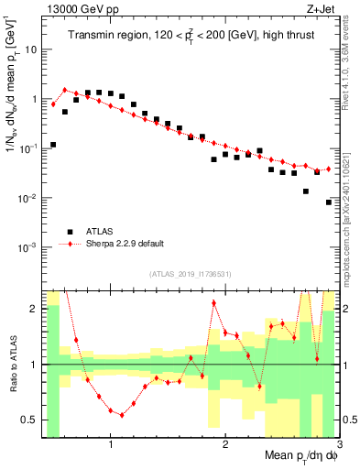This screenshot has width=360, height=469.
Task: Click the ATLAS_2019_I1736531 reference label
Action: point(191,274)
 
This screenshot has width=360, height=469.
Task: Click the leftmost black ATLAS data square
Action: point(53,145)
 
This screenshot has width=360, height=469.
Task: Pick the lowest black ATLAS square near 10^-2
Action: point(329,202)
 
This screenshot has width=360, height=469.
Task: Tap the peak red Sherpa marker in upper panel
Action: point(65,90)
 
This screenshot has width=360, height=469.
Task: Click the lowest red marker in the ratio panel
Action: point(122,416)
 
